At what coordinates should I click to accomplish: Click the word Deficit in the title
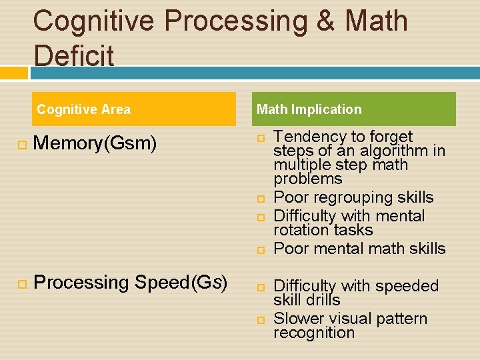click(74, 56)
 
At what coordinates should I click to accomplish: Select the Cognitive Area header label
click(83, 109)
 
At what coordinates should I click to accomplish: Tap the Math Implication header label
click(309, 109)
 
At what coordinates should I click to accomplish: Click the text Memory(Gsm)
click(95, 143)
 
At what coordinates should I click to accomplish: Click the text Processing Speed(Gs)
click(130, 283)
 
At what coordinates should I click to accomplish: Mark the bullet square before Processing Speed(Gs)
click(22, 284)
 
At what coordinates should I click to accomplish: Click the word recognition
click(314, 333)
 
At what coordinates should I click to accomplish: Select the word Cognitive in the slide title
click(93, 21)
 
